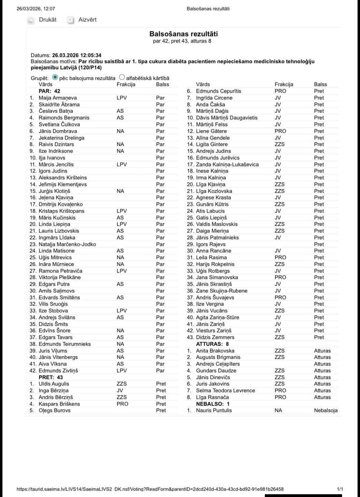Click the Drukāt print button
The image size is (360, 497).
42,20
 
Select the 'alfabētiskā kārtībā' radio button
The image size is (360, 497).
122,78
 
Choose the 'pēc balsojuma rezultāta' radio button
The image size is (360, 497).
55,78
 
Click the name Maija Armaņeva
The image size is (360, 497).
58,98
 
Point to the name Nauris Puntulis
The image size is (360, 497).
214,410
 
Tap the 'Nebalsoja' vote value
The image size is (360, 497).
326,410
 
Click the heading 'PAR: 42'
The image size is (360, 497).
49,91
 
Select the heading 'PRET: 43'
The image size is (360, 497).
51,377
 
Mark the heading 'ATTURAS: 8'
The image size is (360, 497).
212,344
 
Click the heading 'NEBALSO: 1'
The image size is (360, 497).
213,404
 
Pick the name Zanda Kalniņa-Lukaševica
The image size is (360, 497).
227,164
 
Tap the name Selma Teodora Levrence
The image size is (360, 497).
226,390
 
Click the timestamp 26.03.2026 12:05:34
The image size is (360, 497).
77,55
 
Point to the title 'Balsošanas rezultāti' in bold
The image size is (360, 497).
183,34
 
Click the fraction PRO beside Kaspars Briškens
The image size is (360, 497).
122,404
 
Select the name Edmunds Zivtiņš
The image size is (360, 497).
58,371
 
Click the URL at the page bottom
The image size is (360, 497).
150,489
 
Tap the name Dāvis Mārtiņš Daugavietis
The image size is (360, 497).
227,118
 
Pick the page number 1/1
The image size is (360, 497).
340,489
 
